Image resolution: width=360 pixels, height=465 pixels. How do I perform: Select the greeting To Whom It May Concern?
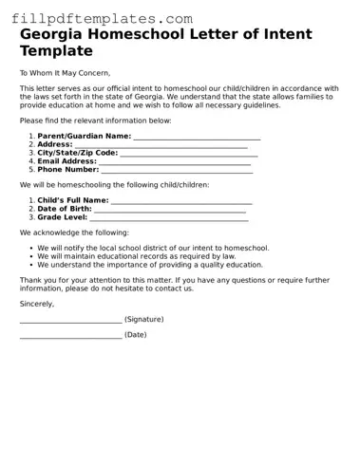[65, 73]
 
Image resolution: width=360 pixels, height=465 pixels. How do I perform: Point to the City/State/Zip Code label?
[78, 153]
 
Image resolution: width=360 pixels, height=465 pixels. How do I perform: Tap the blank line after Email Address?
[176, 161]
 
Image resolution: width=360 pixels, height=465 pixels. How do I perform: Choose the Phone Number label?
[68, 170]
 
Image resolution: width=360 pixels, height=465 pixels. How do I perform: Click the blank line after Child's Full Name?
[181, 201]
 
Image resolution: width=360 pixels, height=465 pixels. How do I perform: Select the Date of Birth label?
[65, 210]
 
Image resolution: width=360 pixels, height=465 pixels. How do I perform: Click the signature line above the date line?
[70, 321]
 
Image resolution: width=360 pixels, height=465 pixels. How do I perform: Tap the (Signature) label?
[143, 320]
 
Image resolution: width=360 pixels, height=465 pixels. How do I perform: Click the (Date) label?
[135, 335]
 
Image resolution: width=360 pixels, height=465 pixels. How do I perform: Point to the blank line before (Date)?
[70, 336]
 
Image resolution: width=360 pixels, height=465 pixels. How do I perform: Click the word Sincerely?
[37, 304]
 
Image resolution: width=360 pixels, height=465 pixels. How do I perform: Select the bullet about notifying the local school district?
[153, 248]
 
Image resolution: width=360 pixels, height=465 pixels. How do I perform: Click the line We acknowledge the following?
[74, 232]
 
